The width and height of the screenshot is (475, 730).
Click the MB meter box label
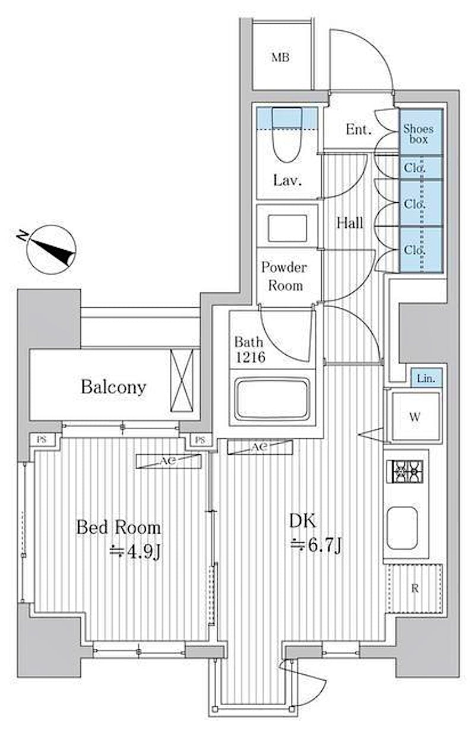pyautogui.click(x=281, y=58)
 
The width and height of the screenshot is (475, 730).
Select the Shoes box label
pyautogui.click(x=418, y=134)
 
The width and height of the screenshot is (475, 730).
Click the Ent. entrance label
pyautogui.click(x=359, y=130)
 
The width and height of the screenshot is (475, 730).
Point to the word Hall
pyautogui.click(x=350, y=223)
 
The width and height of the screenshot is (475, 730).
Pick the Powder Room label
pyautogui.click(x=284, y=276)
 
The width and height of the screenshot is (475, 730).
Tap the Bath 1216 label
pyautogui.click(x=250, y=350)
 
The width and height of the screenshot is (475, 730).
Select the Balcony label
pyautogui.click(x=113, y=387)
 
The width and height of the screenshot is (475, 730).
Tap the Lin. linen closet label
pyautogui.click(x=426, y=379)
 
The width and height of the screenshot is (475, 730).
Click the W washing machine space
pyautogui.click(x=414, y=416)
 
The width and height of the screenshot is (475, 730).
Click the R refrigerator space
pyautogui.click(x=414, y=588)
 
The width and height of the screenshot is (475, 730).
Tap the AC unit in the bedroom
pyautogui.click(x=169, y=461)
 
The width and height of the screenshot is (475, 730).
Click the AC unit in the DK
pyautogui.click(x=260, y=447)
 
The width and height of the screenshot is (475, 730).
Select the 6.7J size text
pyautogui.click(x=316, y=544)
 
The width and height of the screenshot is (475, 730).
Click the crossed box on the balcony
pyautogui.click(x=182, y=380)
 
